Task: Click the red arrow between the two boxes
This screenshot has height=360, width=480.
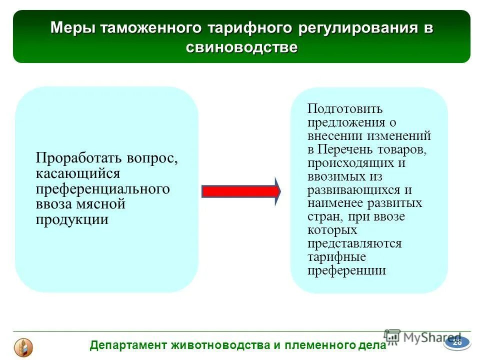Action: pos(240,191)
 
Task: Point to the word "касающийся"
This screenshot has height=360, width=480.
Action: pos(78,173)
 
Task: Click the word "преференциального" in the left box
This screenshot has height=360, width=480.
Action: pos(102,189)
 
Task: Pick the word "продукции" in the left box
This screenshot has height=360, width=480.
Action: pos(72,220)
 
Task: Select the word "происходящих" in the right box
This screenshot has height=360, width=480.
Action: pos(349,162)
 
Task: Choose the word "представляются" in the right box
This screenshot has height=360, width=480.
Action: pos(354,243)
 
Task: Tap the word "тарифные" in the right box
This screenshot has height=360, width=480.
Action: pos(336,257)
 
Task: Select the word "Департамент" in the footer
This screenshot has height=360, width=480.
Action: pos(129,345)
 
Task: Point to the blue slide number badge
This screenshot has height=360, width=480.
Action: pos(457,342)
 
